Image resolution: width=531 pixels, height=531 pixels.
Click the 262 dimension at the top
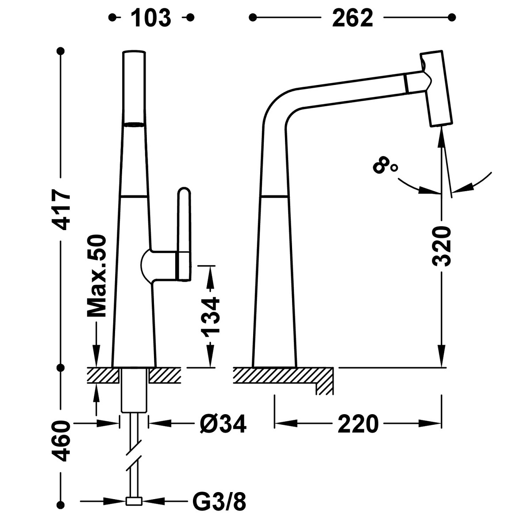tap(352, 18)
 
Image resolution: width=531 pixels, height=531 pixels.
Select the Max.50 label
tap(97, 277)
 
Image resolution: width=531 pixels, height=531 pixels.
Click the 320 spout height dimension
tap(441, 246)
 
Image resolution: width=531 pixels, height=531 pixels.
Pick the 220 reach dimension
tap(358, 424)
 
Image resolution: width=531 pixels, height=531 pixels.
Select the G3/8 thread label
tap(220, 502)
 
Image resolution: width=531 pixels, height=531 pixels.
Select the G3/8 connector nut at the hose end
tap(134, 501)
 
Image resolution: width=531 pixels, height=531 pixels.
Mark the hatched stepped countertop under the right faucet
tap(283, 376)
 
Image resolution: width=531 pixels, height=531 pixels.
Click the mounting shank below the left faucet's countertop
tap(134, 389)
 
